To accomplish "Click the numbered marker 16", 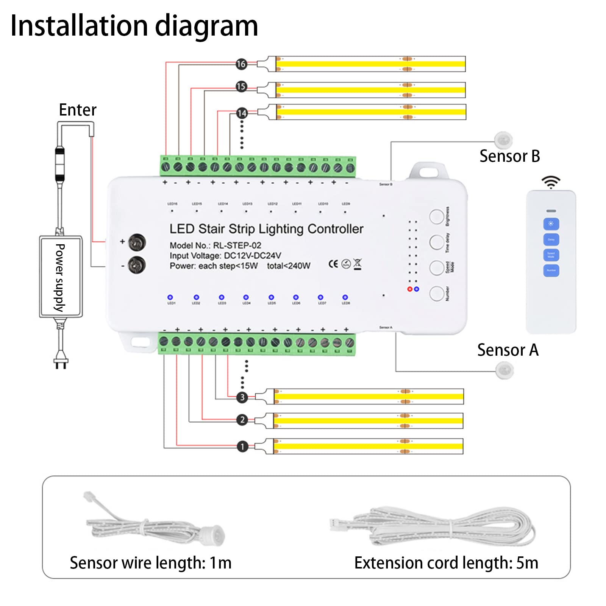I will click(x=241, y=64).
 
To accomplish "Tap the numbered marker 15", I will click(x=241, y=86).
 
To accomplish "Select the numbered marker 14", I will click(x=242, y=113).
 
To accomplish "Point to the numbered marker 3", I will click(x=242, y=397).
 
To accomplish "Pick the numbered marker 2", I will click(x=242, y=420).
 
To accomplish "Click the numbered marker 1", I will click(x=242, y=447).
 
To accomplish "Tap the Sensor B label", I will click(x=509, y=156).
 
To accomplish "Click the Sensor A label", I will click(x=508, y=350).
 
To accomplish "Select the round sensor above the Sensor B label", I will click(x=503, y=140).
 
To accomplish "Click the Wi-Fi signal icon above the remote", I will click(x=551, y=182).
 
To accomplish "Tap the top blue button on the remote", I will click(x=551, y=224).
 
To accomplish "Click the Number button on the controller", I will click(x=437, y=293).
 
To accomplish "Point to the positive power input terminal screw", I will click(x=137, y=243).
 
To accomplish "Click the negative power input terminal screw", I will click(x=137, y=265).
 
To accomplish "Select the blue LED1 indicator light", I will click(x=170, y=297).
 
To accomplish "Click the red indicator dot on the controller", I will click(x=410, y=289).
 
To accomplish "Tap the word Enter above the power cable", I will click(x=78, y=110).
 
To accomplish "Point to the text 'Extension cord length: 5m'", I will click(x=446, y=563).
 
